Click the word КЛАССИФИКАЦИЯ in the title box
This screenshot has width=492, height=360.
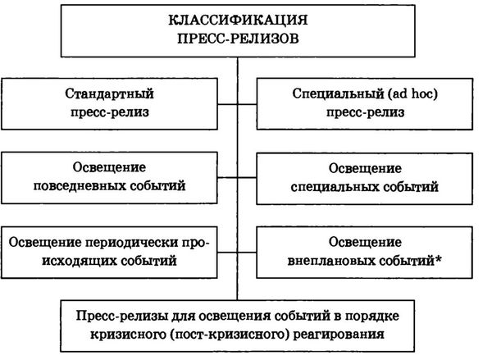238,20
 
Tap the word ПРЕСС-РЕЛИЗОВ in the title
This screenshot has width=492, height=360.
238,39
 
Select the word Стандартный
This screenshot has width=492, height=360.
109,93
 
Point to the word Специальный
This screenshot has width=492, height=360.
337,93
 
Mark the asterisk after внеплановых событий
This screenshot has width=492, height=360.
439,259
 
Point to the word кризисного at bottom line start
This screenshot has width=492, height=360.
129,335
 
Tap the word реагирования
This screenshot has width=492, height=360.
339,334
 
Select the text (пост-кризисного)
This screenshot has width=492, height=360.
230,335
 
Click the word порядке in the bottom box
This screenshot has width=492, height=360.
372,316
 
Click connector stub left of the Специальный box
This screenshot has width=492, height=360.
248,104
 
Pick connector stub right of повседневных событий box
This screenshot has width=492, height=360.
227,178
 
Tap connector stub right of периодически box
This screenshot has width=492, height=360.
227,252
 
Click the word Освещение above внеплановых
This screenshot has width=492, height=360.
365,242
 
